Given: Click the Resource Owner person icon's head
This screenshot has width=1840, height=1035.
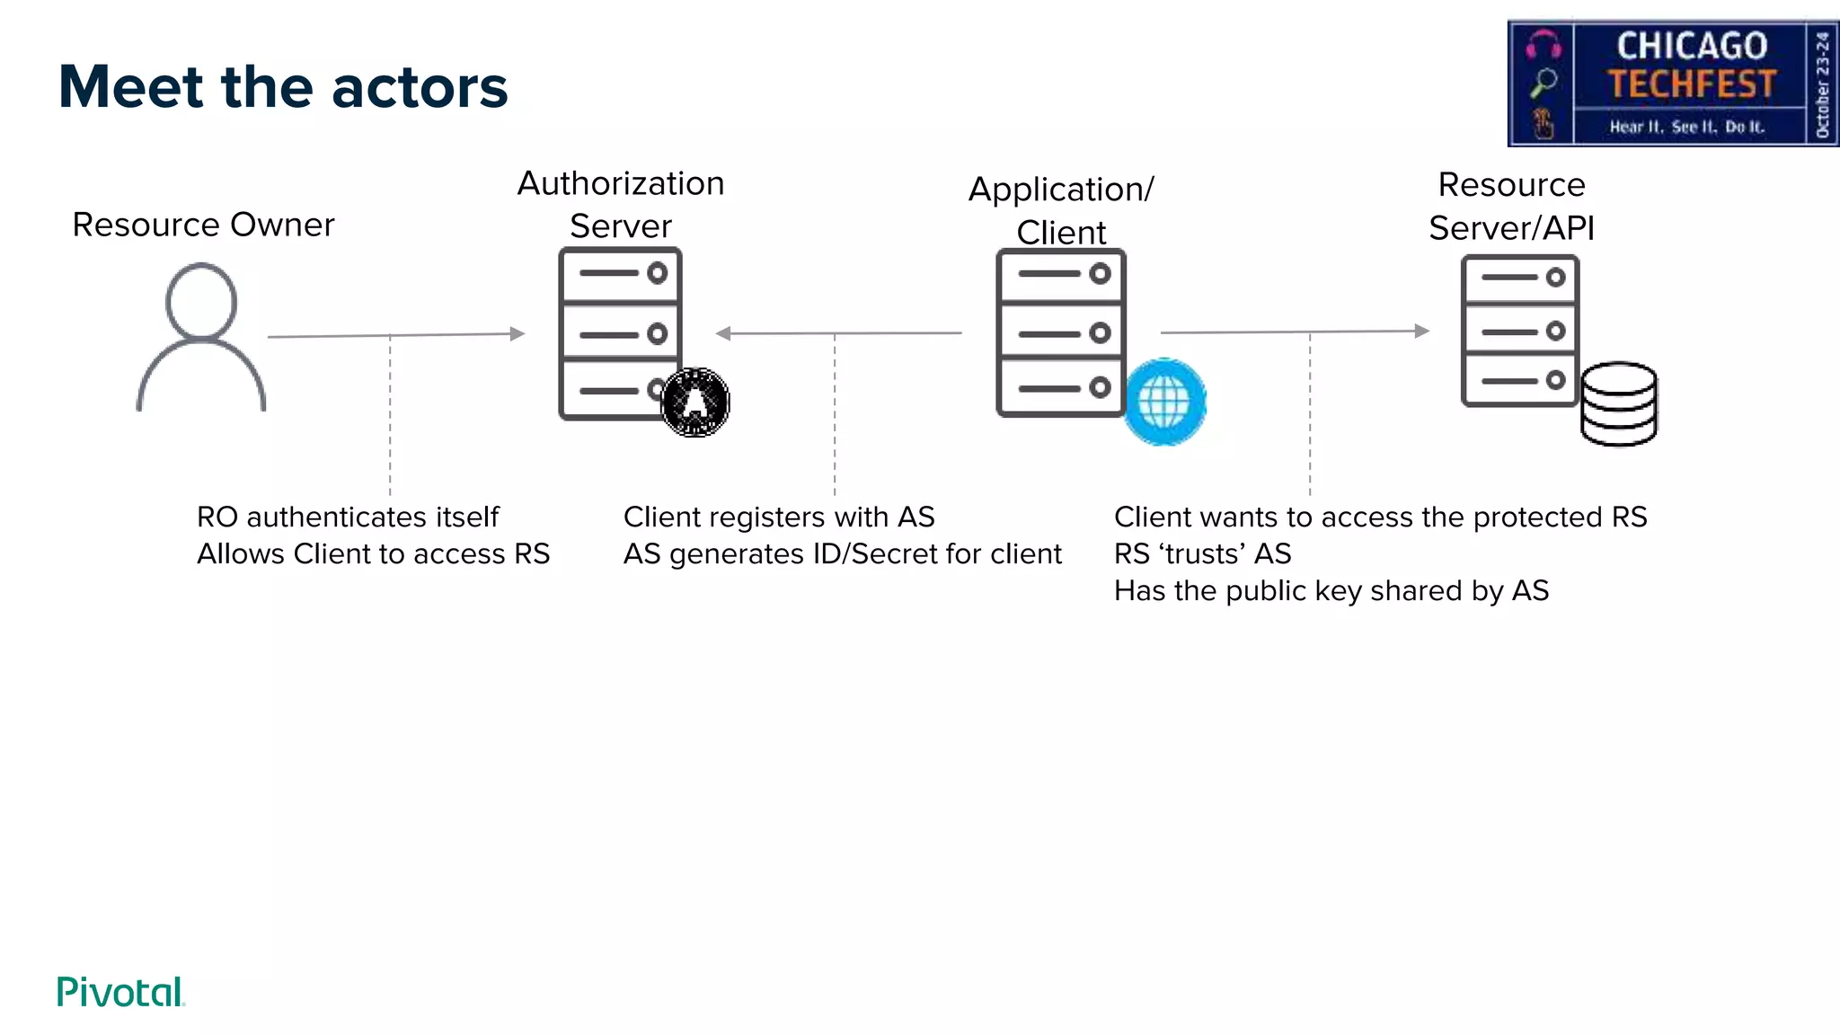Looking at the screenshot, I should pos(201,301).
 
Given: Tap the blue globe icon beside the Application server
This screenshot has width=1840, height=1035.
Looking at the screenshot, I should pos(1164,402).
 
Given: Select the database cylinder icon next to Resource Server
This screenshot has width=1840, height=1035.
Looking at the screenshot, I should pos(1619,404).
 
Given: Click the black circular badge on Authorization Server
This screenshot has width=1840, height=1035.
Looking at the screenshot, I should pos(694,402).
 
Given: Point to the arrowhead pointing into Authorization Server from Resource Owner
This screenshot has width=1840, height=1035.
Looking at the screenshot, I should pos(517,333).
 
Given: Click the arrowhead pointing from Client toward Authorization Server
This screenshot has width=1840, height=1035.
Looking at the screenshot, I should pos(722,333).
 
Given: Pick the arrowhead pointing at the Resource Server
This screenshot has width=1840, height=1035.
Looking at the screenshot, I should pos(1421,331).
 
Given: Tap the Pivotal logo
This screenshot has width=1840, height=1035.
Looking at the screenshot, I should pos(120,992).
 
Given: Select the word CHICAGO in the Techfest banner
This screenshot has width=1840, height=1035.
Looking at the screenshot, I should pos(1692,46).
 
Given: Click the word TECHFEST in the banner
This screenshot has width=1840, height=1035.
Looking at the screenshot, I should pos(1692,84).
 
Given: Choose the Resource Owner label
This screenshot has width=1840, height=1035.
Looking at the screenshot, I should pos(203,225).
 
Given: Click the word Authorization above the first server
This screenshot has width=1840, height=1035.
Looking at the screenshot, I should pos(621,183).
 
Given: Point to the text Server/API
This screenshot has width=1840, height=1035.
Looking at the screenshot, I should pos(1511,228).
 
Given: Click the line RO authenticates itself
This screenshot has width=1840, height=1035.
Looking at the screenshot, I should pos(348,517).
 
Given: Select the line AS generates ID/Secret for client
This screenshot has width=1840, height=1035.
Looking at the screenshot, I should pos(842,553).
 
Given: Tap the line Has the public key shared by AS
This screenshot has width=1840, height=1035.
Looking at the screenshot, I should pos(1331,590).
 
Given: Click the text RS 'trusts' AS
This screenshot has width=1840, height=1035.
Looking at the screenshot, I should pos(1202,553).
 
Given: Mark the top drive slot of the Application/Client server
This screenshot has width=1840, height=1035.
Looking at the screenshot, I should pos(1061,274).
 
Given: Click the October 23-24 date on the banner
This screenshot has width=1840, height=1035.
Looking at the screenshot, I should pos(1822,84).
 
